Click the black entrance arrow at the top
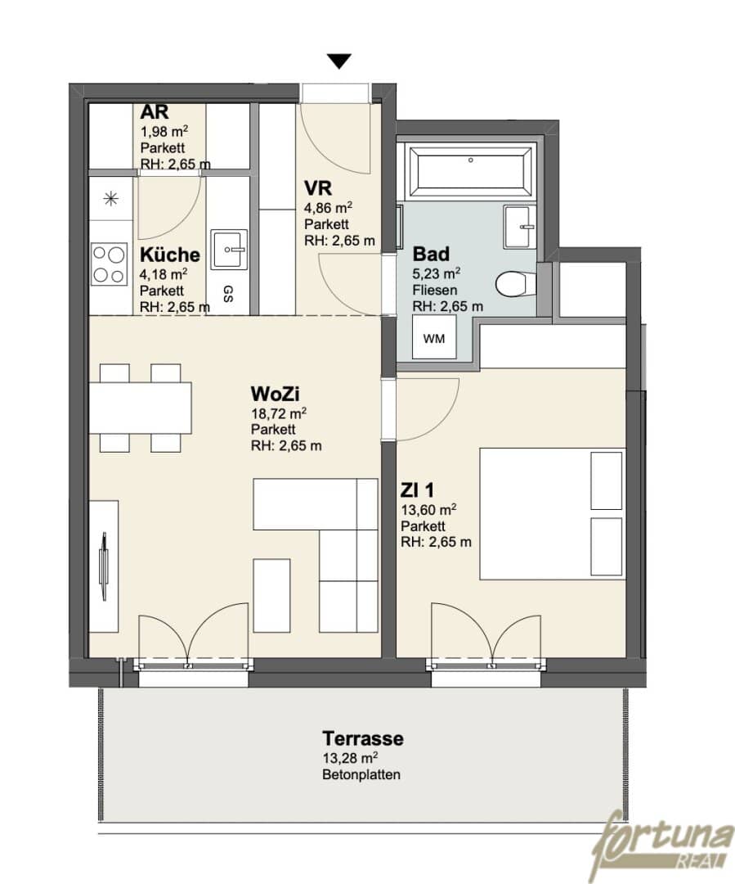339,61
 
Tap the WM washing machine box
433,337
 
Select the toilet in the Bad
515,284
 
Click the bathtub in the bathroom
470,169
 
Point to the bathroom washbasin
520,227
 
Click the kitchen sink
229,249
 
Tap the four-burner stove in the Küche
110,264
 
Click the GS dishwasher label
228,293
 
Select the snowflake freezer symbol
111,198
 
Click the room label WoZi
275,394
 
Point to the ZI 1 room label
417,490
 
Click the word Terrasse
363,738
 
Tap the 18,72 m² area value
279,413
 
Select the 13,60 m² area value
428,510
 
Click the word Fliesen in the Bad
435,291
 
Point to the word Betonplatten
361,774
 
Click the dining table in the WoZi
141,408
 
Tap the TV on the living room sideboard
104,566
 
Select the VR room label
318,187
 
